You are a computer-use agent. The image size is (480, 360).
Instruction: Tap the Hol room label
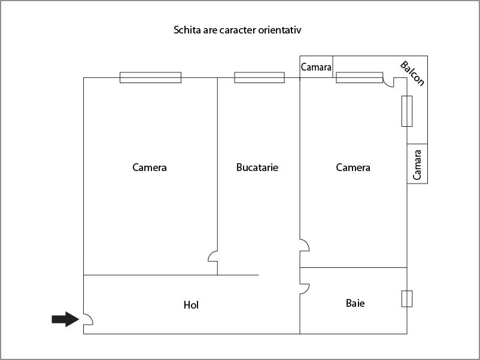pyautogui.click(x=191, y=305)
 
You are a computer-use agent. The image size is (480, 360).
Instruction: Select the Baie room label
pyautogui.click(x=355, y=303)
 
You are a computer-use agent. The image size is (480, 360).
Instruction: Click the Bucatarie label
pyautogui.click(x=257, y=167)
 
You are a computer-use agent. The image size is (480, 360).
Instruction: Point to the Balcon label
pyautogui.click(x=412, y=73)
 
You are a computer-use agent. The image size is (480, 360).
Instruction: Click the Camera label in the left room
pyautogui.click(x=150, y=167)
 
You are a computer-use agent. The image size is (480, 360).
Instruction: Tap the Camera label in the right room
pyautogui.click(x=353, y=167)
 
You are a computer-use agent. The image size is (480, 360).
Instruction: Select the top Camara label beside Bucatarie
pyautogui.click(x=316, y=68)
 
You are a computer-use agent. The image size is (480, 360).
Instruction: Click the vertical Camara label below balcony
pyautogui.click(x=418, y=164)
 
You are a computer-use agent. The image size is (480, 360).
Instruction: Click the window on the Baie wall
pyautogui.click(x=407, y=298)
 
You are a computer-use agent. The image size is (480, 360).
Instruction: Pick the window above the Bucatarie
pyautogui.click(x=259, y=77)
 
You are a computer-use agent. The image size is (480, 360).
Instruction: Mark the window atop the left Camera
pyautogui.click(x=150, y=77)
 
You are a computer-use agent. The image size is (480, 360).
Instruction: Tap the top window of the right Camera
pyautogui.click(x=359, y=77)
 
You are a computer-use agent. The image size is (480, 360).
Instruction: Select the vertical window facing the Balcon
pyautogui.click(x=407, y=111)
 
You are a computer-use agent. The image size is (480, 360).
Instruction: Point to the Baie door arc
pyautogui.click(x=304, y=289)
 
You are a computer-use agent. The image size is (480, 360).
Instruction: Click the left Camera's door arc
pyautogui.click(x=212, y=257)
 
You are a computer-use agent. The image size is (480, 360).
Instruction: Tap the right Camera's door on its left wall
pyautogui.click(x=305, y=245)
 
